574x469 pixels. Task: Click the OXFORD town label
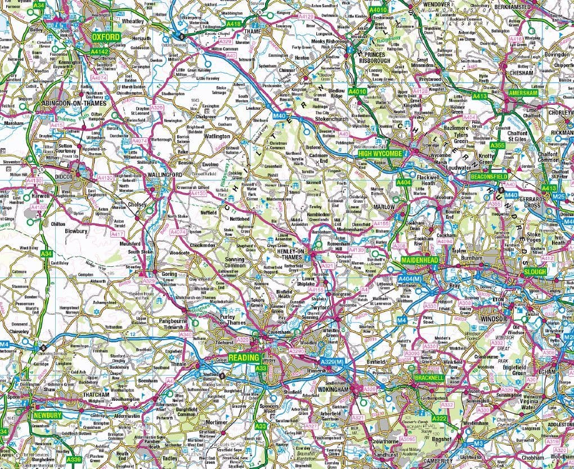pyautogui.click(x=106, y=37)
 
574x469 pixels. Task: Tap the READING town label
pyautogui.click(x=244, y=358)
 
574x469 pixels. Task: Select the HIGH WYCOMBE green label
pyautogui.click(x=380, y=154)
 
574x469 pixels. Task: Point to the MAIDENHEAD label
pyautogui.click(x=419, y=261)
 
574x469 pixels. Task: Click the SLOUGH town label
pyautogui.click(x=535, y=271)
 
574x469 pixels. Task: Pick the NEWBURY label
pyautogui.click(x=47, y=415)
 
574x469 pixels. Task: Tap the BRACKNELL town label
pyautogui.click(x=429, y=376)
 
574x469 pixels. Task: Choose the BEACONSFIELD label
pyautogui.click(x=488, y=176)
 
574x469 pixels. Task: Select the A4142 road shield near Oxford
pyautogui.click(x=99, y=51)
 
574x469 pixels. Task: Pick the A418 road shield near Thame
pyautogui.click(x=234, y=24)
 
